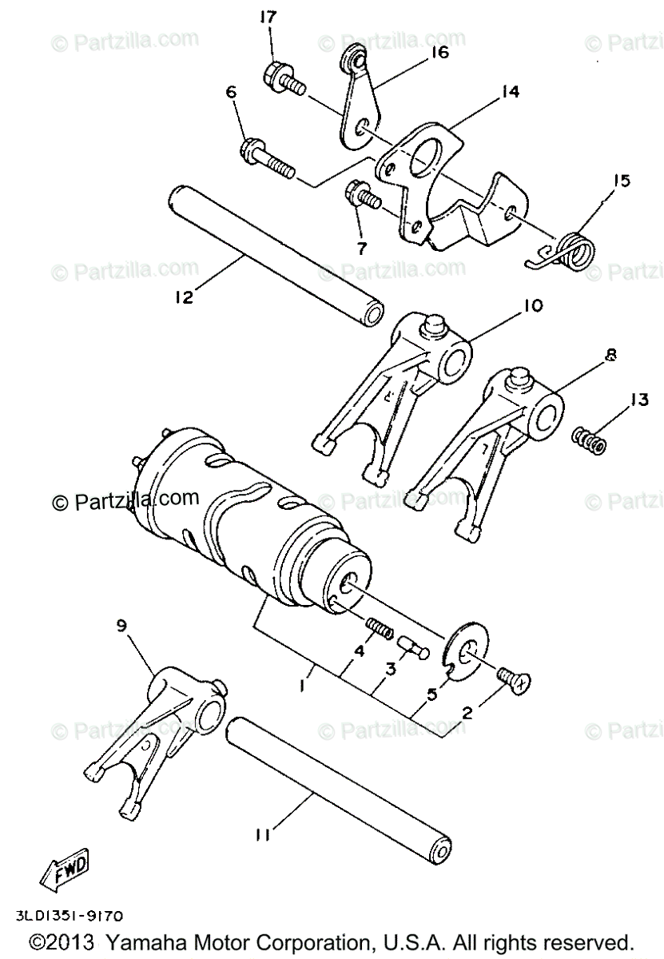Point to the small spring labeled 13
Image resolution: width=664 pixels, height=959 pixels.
[x=590, y=440]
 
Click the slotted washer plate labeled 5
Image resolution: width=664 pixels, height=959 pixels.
[x=460, y=650]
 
